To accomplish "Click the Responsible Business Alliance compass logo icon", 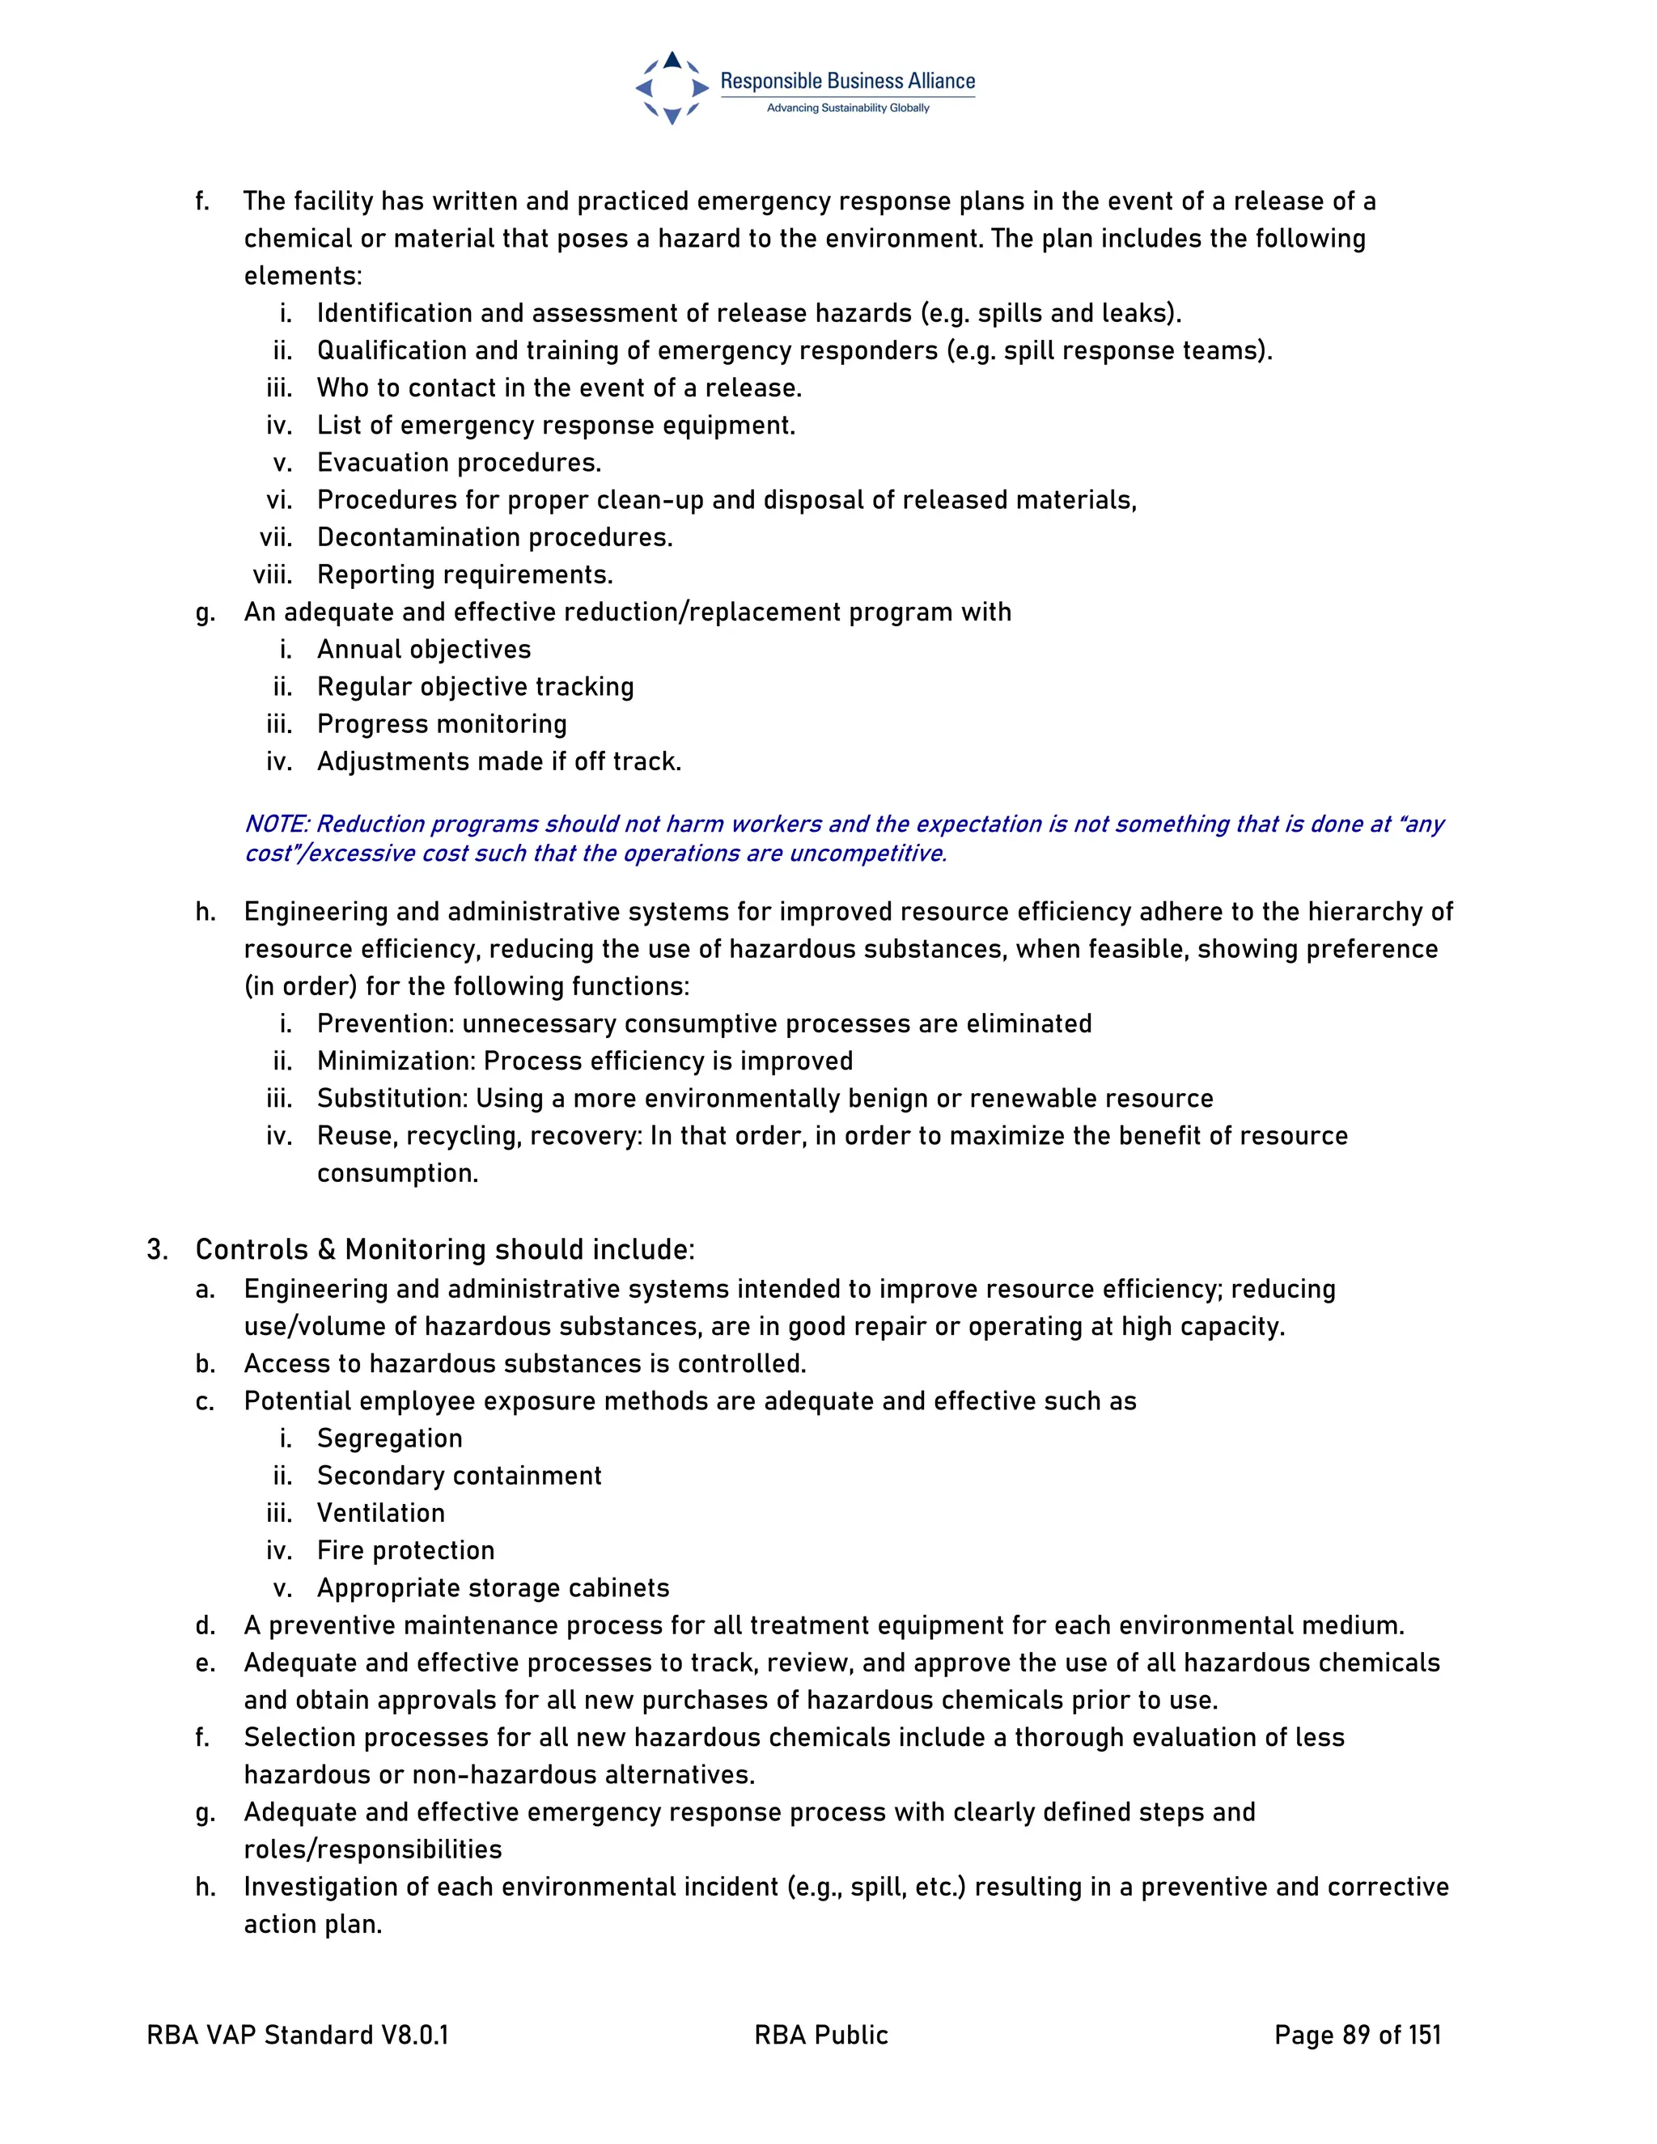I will coord(672,88).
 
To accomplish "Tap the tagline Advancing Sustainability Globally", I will coord(847,108).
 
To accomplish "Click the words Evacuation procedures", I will coord(459,462).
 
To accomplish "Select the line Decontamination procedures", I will coord(494,537).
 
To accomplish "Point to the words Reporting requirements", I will coord(464,574).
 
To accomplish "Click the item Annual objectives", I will coord(423,649).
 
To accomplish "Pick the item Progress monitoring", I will coord(442,723).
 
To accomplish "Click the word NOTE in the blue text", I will coord(276,824).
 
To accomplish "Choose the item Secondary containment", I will coord(459,1476).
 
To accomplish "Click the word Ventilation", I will coord(381,1513).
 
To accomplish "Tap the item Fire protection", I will coord(405,1550).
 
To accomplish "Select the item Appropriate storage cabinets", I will coord(493,1587).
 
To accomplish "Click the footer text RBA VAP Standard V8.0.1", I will coord(298,2035).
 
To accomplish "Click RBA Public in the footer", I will coord(820,2035).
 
